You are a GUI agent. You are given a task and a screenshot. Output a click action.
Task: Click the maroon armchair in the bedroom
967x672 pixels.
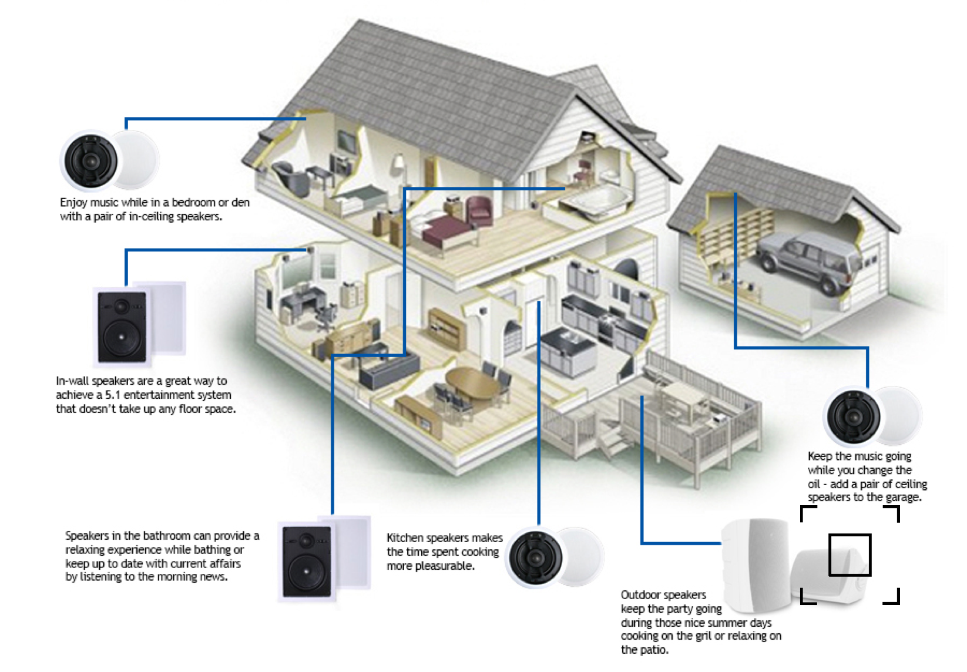point(479,211)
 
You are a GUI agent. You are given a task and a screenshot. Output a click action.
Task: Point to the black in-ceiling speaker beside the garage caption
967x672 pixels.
point(853,416)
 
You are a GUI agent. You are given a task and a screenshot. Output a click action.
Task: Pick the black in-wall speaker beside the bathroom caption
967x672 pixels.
point(306,561)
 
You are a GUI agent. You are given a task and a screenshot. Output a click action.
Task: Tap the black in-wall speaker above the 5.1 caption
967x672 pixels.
point(122,327)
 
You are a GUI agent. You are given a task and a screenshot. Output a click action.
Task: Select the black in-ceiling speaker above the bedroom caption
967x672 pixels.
point(90,160)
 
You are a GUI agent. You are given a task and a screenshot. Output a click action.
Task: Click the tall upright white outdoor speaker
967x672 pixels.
point(756,564)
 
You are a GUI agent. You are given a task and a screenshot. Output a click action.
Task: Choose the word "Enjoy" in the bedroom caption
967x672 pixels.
point(73,203)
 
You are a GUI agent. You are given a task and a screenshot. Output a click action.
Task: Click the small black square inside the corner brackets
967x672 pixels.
point(850,555)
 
